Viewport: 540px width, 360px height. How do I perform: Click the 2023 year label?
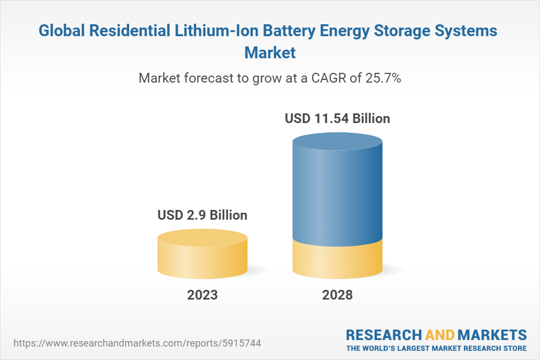(x=202, y=295)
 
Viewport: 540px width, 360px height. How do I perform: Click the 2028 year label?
(x=337, y=295)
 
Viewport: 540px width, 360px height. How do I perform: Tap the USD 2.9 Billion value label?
(x=202, y=215)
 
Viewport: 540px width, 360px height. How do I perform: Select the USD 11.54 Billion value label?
(x=337, y=118)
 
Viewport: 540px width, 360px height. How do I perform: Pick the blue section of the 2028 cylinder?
(x=337, y=189)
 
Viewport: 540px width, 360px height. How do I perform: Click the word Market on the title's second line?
(x=270, y=53)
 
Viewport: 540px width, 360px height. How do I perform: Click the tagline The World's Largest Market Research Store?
(x=436, y=348)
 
